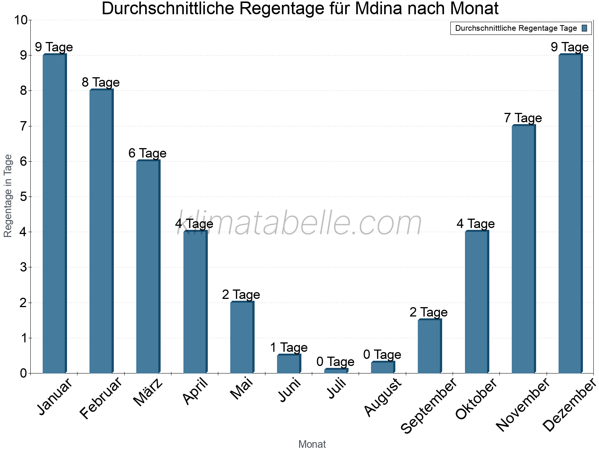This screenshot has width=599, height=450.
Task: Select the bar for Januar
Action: click(x=55, y=214)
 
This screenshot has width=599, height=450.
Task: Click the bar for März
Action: click(x=148, y=267)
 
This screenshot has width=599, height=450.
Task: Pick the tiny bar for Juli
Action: click(x=336, y=371)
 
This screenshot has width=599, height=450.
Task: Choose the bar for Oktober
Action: click(x=477, y=302)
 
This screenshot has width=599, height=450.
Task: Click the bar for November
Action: click(x=523, y=249)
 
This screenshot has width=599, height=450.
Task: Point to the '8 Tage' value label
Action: click(x=101, y=82)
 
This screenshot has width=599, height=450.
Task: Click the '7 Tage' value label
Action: click(x=523, y=118)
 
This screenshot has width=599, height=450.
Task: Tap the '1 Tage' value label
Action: click(x=289, y=348)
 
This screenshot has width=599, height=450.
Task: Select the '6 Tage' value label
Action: click(x=148, y=153)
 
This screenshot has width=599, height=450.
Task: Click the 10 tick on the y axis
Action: click(x=21, y=20)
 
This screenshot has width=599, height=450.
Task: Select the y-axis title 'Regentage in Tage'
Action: click(x=8, y=196)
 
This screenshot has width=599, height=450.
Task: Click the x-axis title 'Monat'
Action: click(x=312, y=444)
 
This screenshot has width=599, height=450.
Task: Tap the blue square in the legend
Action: click(x=584, y=28)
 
